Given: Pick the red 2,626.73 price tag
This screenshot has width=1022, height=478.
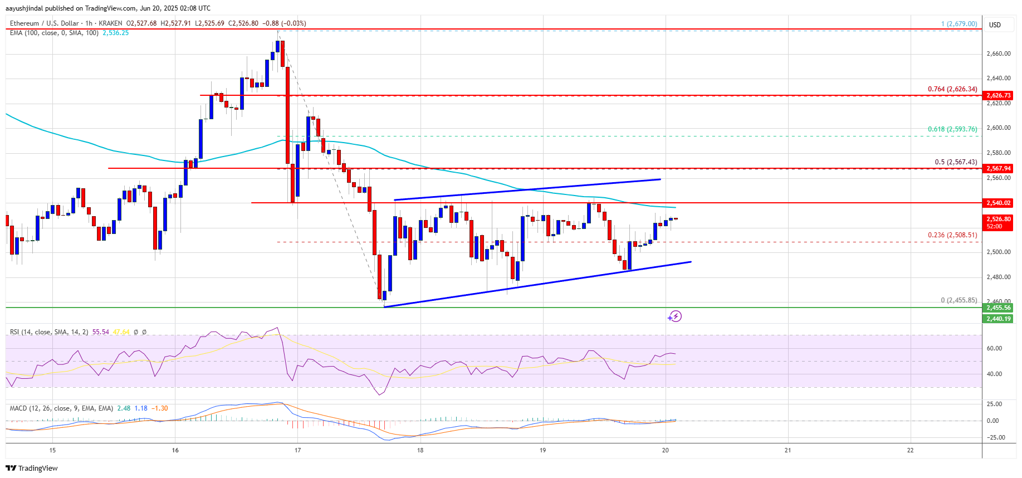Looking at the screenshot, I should click(998, 95).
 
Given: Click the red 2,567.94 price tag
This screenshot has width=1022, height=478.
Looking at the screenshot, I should click(998, 168).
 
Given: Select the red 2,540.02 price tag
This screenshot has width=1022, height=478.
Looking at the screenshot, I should click(998, 203).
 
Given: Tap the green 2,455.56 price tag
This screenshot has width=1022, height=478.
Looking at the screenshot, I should click(998, 308).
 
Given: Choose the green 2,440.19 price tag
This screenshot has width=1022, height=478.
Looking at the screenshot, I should click(998, 319).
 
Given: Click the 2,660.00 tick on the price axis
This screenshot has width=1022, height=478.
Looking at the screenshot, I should click(998, 54).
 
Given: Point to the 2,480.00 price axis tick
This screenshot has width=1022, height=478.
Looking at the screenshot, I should click(998, 277).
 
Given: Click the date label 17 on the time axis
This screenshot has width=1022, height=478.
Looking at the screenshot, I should click(297, 450).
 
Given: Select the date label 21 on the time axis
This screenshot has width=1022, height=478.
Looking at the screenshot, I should click(788, 450).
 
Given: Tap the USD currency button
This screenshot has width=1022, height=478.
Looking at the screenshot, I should click(995, 25).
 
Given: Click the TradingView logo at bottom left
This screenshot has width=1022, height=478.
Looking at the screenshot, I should click(32, 468).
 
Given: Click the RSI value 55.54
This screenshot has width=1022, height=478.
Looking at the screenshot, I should click(101, 332).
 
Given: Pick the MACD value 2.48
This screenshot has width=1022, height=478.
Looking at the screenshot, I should click(124, 408).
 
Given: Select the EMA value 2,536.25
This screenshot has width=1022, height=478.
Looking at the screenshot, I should click(115, 33).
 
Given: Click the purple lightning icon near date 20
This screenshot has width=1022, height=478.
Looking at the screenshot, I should click(675, 316).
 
